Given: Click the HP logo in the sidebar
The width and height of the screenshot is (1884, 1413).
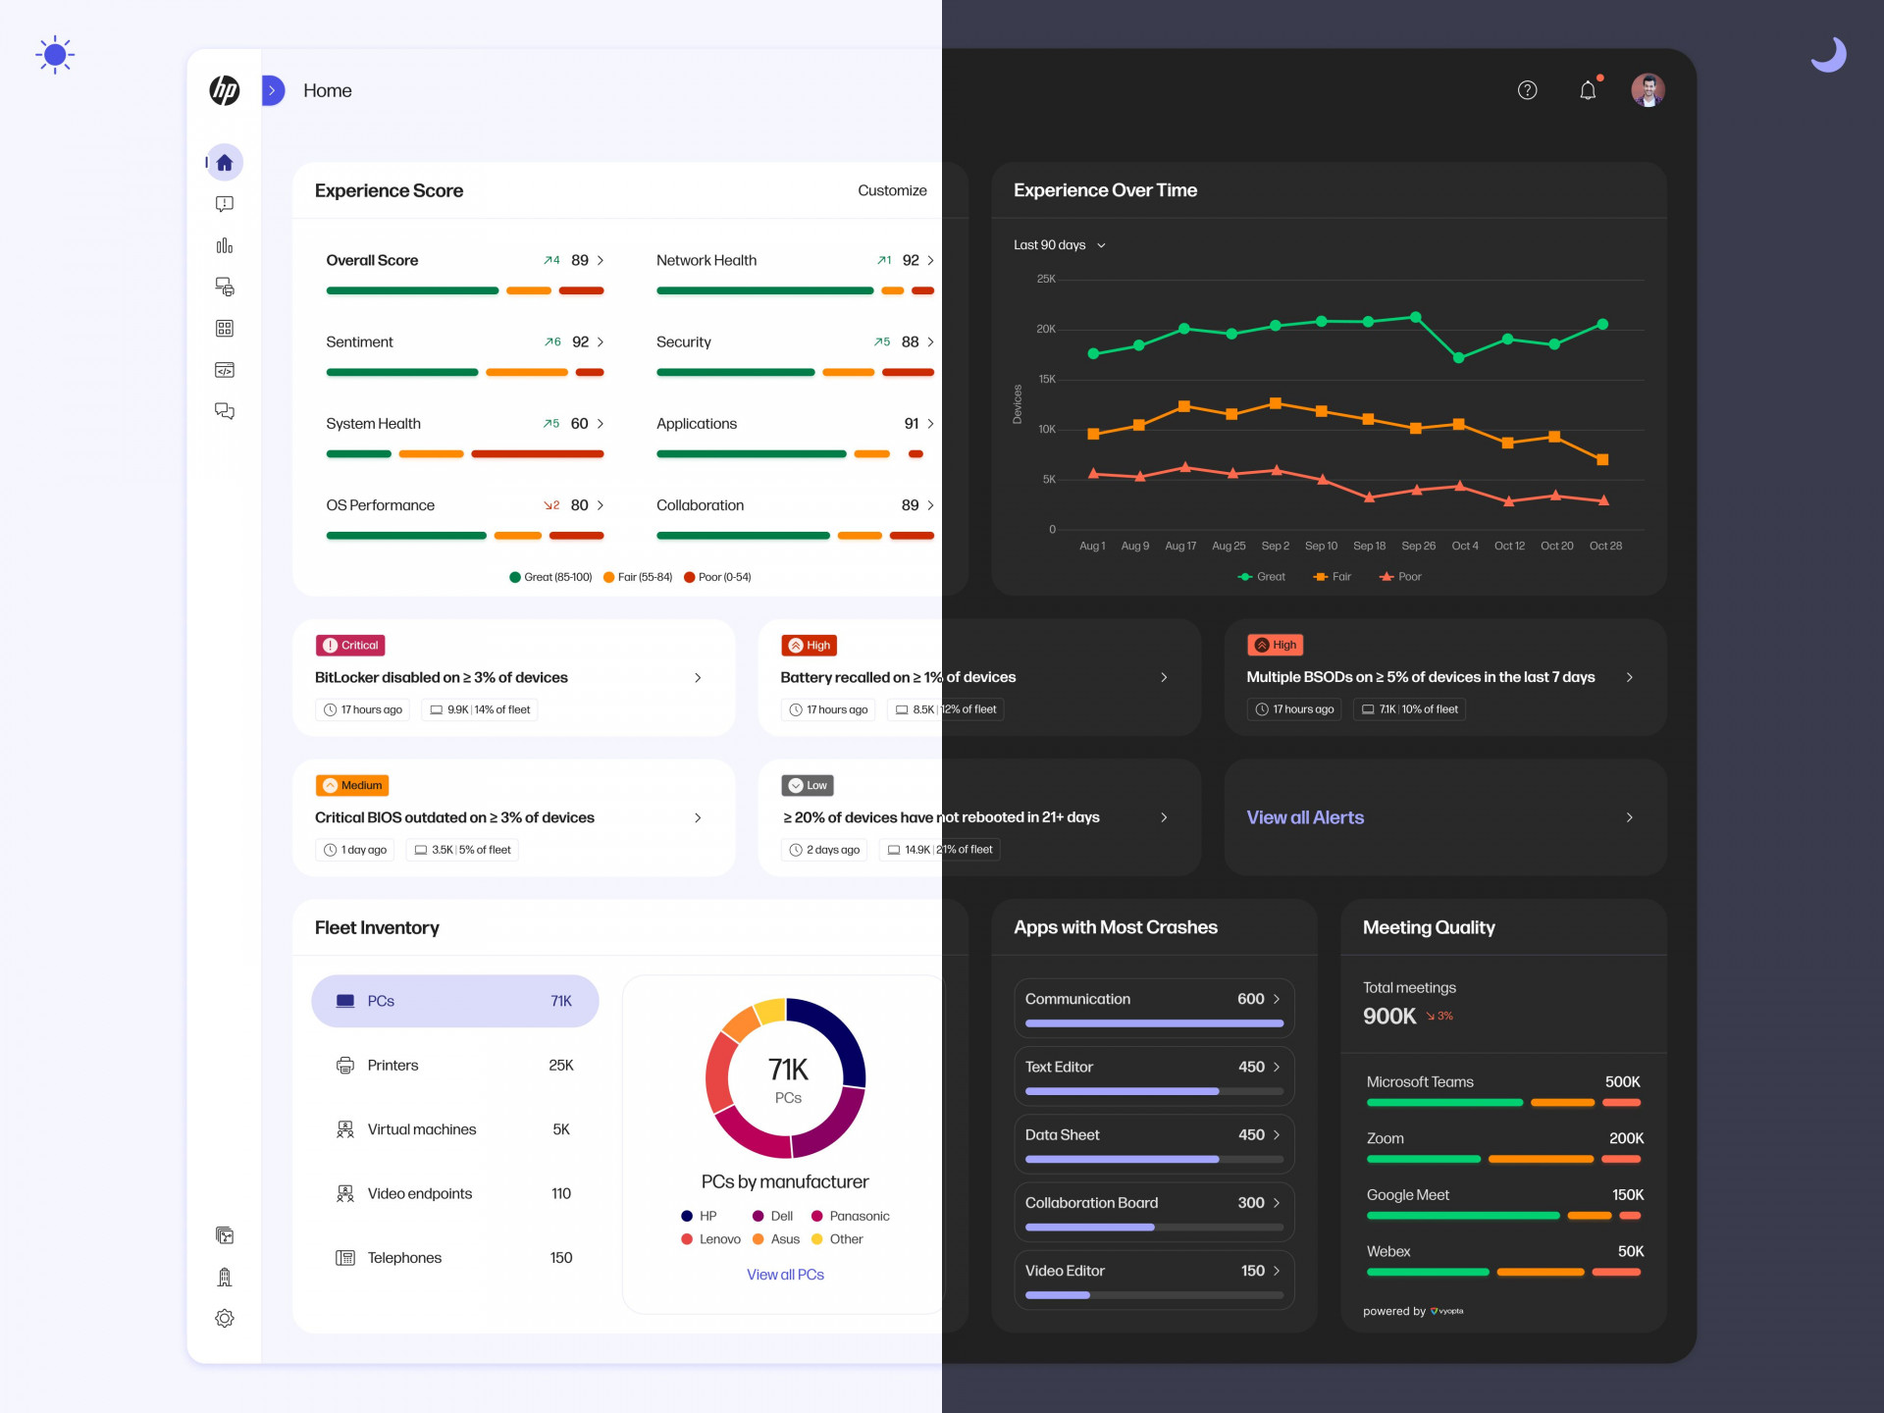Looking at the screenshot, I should pyautogui.click(x=225, y=90).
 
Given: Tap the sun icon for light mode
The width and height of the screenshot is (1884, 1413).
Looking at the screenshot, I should pyautogui.click(x=55, y=55).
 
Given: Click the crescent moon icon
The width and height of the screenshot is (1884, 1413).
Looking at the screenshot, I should pyautogui.click(x=1828, y=54).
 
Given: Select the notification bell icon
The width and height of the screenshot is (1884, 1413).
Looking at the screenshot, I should pyautogui.click(x=1588, y=90).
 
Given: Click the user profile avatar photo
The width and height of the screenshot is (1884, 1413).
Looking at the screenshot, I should pyautogui.click(x=1648, y=90).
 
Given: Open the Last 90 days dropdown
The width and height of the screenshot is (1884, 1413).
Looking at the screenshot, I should pyautogui.click(x=1059, y=245).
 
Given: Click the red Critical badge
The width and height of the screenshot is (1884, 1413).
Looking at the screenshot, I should pyautogui.click(x=350, y=646).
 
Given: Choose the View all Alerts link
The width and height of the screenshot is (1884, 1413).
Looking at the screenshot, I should pyautogui.click(x=1305, y=817).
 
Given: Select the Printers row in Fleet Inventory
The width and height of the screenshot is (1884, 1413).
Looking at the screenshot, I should pyautogui.click(x=454, y=1066).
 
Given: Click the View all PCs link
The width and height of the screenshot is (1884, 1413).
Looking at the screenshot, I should pyautogui.click(x=785, y=1275).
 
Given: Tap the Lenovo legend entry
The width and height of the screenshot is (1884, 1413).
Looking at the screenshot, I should pyautogui.click(x=711, y=1239).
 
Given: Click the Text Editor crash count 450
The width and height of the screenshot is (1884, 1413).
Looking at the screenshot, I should pyautogui.click(x=1251, y=1067).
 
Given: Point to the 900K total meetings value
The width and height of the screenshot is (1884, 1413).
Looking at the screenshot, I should pyautogui.click(x=1388, y=1017).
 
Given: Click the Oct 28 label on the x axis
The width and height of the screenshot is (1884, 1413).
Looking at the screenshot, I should pyautogui.click(x=1605, y=547).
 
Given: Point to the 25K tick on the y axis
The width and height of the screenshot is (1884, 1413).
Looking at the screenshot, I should pyautogui.click(x=1046, y=280).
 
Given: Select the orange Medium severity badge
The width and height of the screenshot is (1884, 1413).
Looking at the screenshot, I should pyautogui.click(x=352, y=786).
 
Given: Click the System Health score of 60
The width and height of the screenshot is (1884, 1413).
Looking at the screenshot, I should pyautogui.click(x=579, y=424).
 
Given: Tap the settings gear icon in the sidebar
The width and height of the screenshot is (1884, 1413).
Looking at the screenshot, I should pyautogui.click(x=225, y=1319).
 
